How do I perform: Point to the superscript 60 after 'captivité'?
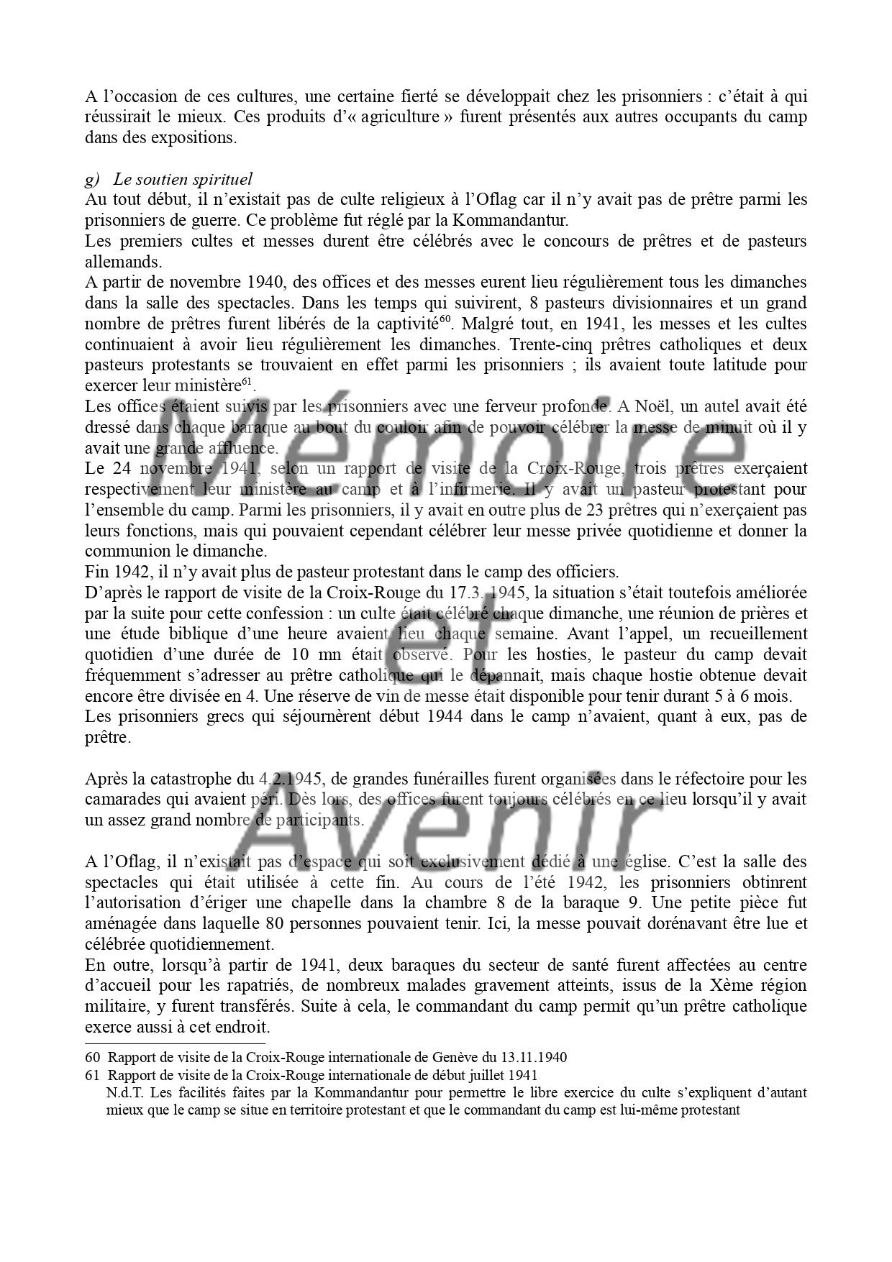(x=445, y=319)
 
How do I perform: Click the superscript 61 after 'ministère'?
(x=246, y=381)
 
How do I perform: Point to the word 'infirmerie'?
(x=475, y=490)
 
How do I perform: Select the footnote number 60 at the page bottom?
(x=91, y=1058)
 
